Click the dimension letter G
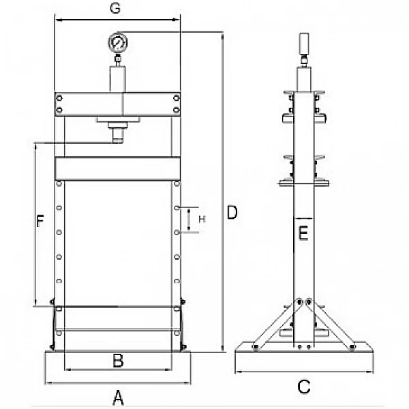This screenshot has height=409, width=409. [115, 8]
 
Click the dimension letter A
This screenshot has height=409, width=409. [118, 398]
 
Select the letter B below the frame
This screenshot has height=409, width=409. [118, 361]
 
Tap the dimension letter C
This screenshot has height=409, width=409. [304, 387]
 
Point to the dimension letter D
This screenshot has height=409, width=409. [232, 212]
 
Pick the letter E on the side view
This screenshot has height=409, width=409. [303, 233]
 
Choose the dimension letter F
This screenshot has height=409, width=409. [40, 221]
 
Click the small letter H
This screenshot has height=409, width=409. [202, 219]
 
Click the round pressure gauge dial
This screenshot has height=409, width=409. [118, 42]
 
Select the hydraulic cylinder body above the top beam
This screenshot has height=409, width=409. [118, 79]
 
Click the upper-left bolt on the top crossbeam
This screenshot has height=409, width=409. [59, 98]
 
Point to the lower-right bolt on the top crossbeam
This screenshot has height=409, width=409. [177, 110]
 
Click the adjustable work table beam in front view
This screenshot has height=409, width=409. [118, 168]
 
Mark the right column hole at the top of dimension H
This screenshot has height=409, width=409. [177, 208]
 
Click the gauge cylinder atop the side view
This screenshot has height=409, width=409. [304, 43]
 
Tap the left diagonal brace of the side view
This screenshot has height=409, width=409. [277, 324]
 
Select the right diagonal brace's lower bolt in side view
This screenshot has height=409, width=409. [352, 347]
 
